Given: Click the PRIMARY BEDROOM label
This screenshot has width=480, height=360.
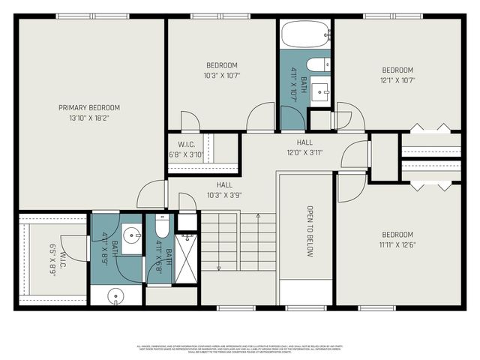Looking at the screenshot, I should pos(89,107).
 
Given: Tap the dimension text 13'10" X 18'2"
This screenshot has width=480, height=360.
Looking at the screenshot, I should pos(89,118).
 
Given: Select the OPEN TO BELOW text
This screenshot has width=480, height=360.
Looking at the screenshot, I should pos(309,231).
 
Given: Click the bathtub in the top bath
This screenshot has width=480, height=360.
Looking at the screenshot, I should pos(306,34).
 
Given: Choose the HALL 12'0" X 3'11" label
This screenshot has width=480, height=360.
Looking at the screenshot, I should pos(304,147).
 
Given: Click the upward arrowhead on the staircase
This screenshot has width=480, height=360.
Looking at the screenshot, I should pos(258,216).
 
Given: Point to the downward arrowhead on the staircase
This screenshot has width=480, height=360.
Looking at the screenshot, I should pos(217,268).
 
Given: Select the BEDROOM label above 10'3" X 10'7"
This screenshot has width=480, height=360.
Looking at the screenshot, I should pos(221,65).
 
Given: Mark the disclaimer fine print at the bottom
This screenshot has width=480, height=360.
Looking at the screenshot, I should pos(240,349).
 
